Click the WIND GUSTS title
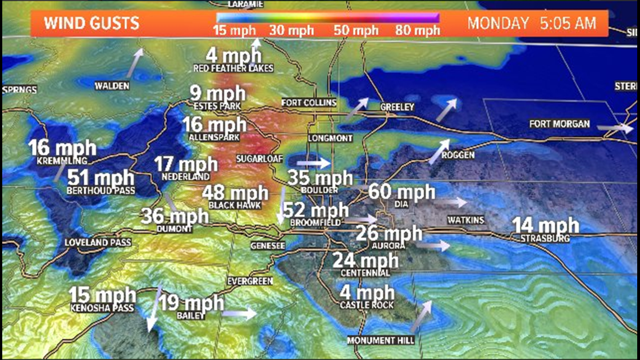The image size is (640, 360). [x=92, y=24]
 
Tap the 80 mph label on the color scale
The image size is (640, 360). [x=417, y=30]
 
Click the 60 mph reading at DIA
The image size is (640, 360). [x=401, y=192]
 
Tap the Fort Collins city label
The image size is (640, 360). [x=309, y=103]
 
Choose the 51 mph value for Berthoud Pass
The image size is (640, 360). [x=101, y=179]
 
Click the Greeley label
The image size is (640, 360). [x=397, y=107]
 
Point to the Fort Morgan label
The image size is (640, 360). [x=560, y=124]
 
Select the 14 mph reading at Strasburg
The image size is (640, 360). [x=545, y=226]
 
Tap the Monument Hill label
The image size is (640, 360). [x=381, y=341]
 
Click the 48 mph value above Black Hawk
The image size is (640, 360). [x=235, y=193]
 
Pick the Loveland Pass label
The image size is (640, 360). [x=98, y=243]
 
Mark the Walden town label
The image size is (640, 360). [x=112, y=86]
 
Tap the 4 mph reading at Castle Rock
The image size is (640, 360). [x=367, y=293]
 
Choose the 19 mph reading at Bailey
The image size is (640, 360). [x=191, y=304]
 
